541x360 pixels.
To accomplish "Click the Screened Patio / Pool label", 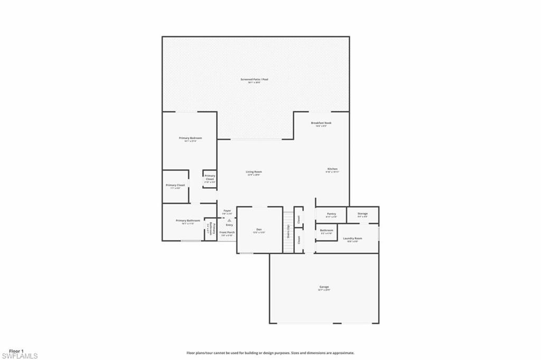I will [254, 79].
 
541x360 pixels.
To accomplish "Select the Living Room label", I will [254, 172].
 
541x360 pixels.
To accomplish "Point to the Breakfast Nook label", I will [323, 123].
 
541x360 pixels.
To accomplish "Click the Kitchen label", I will [332, 169].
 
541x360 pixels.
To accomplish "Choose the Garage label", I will [324, 287].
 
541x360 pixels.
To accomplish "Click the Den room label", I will [259, 229].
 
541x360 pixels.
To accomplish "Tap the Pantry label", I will [331, 214].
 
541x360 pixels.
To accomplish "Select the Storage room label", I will [362, 214].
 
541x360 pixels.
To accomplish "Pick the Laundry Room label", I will [352, 238].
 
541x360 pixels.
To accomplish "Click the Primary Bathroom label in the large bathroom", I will [188, 220].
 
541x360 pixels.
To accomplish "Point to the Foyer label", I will [227, 210].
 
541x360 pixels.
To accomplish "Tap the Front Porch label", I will [227, 232].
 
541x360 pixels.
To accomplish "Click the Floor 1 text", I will [16, 350].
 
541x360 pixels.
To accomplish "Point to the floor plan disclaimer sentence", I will [270, 353].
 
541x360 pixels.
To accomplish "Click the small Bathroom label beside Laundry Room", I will [326, 230].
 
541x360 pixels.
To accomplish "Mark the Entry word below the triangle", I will [229, 225].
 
